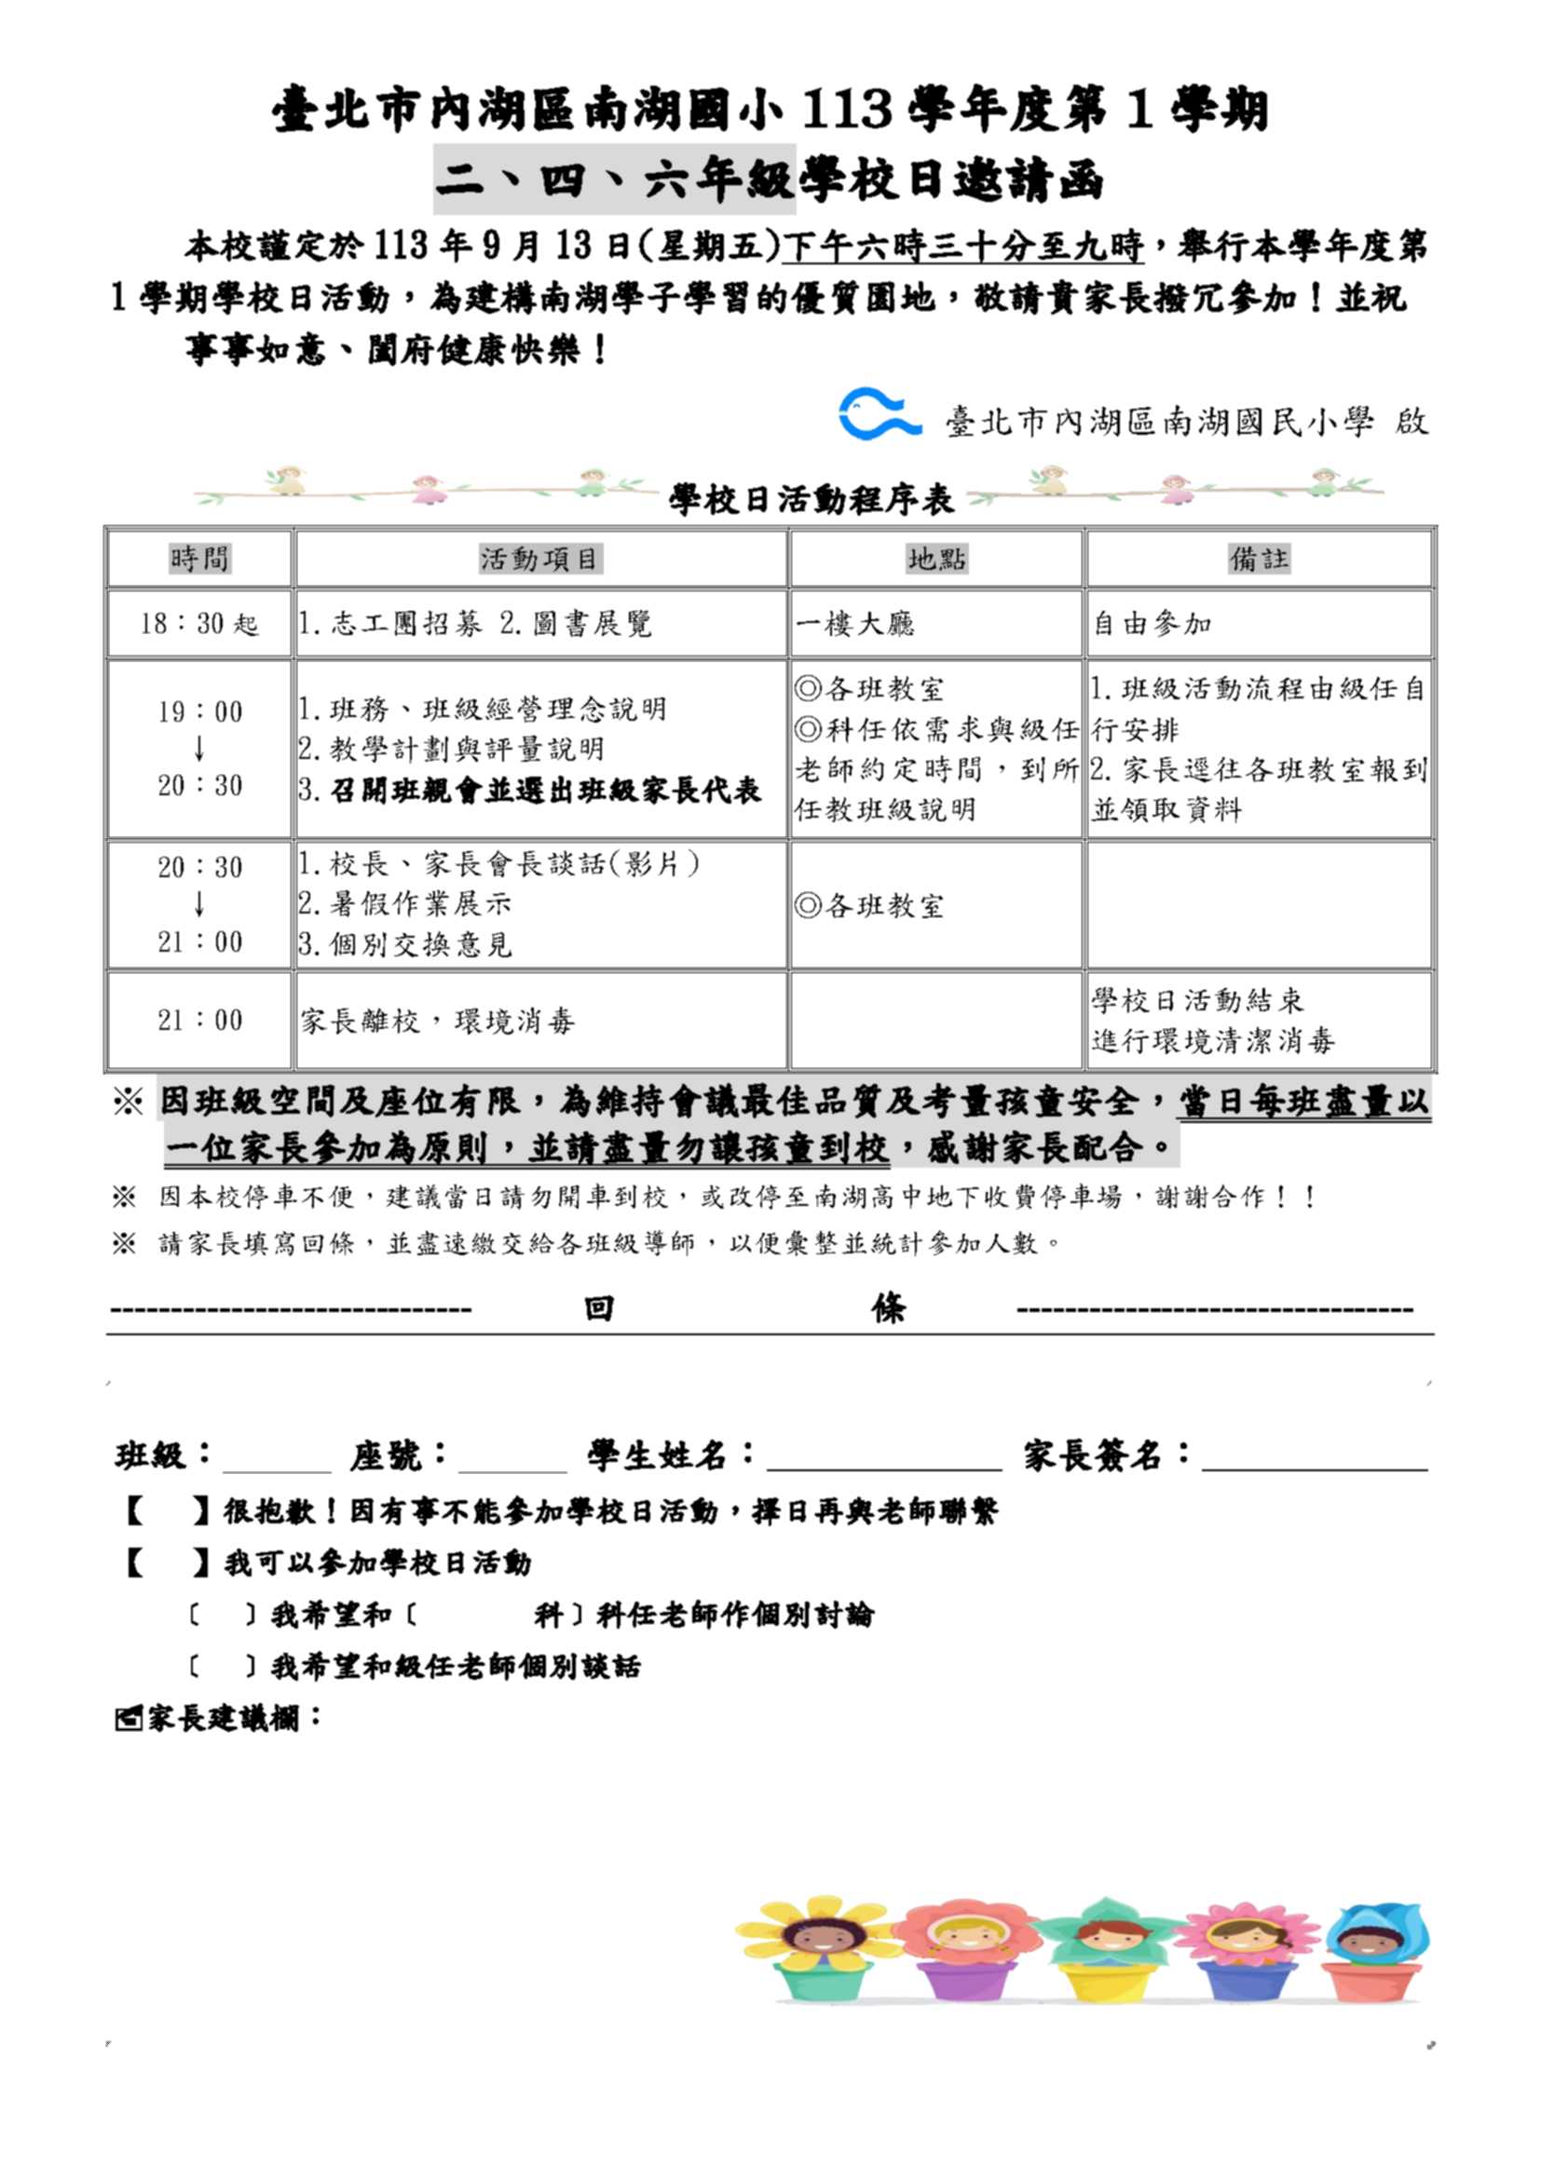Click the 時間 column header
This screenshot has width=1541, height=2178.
pyautogui.click(x=199, y=559)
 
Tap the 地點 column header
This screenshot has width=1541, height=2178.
pyautogui.click(x=935, y=559)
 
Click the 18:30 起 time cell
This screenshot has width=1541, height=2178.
pyautogui.click(x=199, y=624)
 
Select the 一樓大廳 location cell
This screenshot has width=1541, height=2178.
pyautogui.click(x=855, y=624)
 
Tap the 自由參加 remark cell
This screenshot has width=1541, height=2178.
pyautogui.click(x=1152, y=624)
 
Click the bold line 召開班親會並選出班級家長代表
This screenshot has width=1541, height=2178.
pyautogui.click(x=545, y=791)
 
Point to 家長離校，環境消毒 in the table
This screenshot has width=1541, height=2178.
pyautogui.click(x=438, y=1021)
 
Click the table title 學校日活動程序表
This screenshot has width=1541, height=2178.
pyautogui.click(x=811, y=499)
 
